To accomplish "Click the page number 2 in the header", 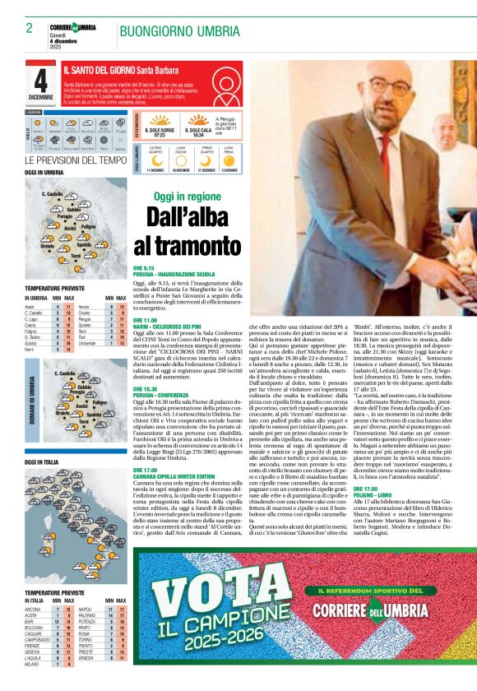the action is click(29, 28).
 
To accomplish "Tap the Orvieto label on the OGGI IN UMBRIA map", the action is click(48, 243).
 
